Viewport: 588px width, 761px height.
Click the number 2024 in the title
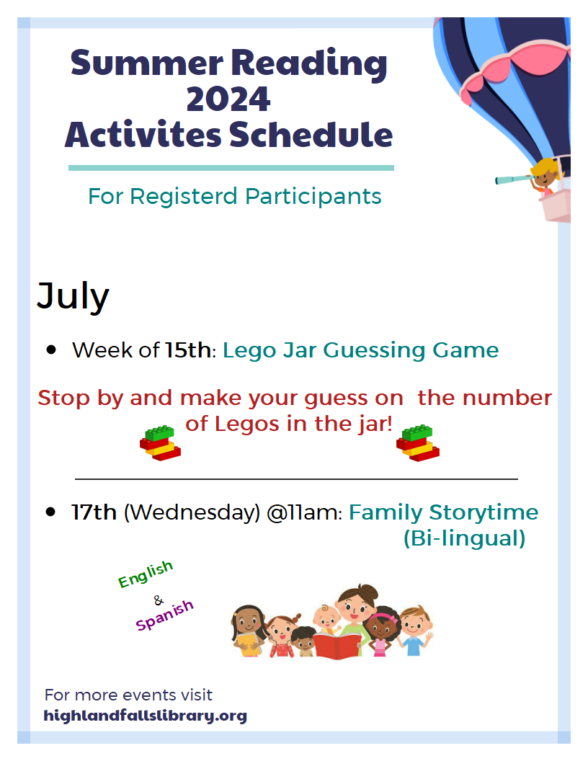coord(228,99)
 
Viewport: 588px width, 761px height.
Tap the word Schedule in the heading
coord(311,135)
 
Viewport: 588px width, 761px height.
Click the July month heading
coord(73,296)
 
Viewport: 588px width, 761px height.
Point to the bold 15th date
coord(188,350)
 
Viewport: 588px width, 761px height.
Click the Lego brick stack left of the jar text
coord(160,443)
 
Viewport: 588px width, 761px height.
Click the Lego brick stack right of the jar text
coord(418,443)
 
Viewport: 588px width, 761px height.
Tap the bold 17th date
coord(94,512)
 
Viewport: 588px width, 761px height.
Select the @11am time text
coord(305,513)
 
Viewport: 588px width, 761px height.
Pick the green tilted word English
coord(146,574)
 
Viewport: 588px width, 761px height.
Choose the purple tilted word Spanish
coord(164,615)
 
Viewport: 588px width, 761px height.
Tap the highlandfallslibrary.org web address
coord(146,716)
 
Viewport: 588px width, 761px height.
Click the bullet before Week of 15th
coord(51,350)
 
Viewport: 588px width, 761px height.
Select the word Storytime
coord(484,513)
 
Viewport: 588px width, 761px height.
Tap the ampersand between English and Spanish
coord(159,601)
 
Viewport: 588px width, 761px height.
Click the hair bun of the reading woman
coord(369,592)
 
